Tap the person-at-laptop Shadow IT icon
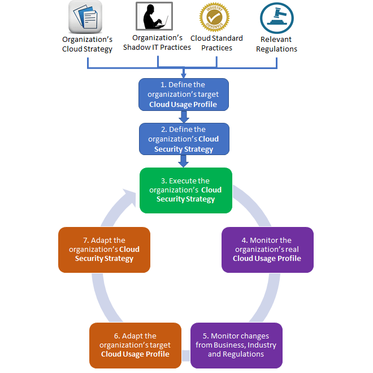click(154, 16)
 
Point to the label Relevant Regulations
click(276, 44)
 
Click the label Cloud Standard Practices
click(216, 43)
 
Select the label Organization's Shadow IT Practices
click(157, 42)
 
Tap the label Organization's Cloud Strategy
click(87, 44)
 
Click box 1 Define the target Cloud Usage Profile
click(184, 95)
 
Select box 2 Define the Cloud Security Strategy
click(184, 139)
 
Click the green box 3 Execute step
click(185, 190)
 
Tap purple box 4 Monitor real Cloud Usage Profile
click(267, 250)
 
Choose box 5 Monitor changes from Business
click(236, 345)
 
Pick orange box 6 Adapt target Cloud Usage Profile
click(135, 345)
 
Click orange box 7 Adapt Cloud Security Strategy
click(104, 250)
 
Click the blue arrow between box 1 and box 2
click(184, 117)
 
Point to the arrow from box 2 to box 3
click(184, 161)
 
